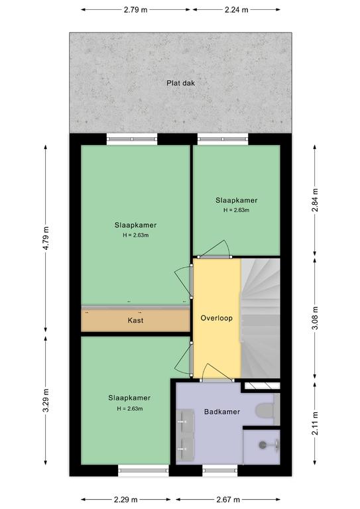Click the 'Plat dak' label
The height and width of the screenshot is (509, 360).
tap(180, 83)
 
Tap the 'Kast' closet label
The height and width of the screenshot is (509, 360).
tap(135, 320)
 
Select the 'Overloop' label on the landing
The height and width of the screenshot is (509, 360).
tap(217, 318)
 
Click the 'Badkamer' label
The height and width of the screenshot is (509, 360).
tap(222, 412)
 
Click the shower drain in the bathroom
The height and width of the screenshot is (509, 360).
tap(263, 445)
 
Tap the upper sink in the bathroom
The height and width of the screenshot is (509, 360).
tap(185, 422)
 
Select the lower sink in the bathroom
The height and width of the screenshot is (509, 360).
tap(185, 449)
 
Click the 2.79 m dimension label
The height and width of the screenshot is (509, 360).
tap(135, 10)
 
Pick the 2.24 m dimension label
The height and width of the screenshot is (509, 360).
tap(236, 10)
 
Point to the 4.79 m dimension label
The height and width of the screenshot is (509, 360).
tap(46, 238)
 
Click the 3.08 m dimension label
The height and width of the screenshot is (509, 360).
tap(315, 318)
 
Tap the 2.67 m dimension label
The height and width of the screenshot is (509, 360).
tap(228, 499)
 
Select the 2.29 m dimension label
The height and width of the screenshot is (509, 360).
tap(125, 499)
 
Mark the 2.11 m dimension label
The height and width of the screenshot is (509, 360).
tap(315, 424)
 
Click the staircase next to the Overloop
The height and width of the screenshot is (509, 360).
tap(261, 318)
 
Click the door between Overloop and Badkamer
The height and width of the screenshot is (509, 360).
tap(217, 372)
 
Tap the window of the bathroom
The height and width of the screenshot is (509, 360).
tap(220, 471)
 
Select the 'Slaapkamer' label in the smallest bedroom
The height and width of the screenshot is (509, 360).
tap(236, 200)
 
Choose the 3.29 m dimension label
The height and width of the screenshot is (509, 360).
tap(46, 400)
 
